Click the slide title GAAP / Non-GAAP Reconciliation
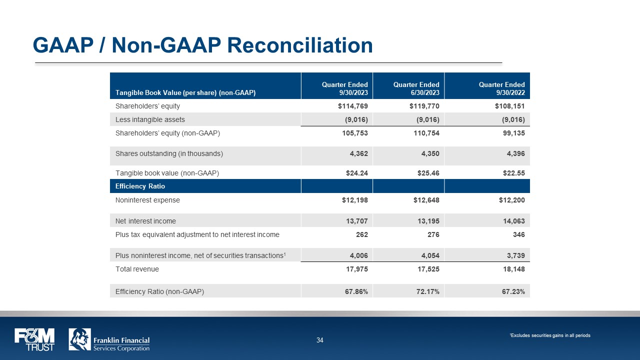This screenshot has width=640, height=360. (202, 45)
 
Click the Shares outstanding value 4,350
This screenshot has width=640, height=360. (429, 154)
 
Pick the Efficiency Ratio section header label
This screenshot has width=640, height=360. (140, 186)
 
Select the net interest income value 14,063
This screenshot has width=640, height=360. (513, 220)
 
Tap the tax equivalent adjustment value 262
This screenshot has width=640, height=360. (362, 234)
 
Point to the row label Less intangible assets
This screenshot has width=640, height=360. (150, 119)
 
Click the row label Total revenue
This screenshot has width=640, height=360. (137, 269)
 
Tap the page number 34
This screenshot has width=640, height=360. (320, 340)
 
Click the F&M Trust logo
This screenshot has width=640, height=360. (34, 339)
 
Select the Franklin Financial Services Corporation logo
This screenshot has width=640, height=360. (109, 339)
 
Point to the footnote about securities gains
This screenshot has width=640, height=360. (549, 335)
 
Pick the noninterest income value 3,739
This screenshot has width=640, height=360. (513, 255)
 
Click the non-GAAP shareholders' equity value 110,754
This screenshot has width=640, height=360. (425, 133)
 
